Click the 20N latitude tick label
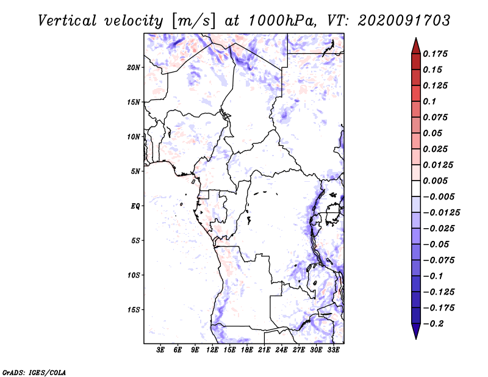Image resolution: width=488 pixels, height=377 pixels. click(x=134, y=67)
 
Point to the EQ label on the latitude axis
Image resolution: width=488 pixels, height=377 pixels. click(x=135, y=206)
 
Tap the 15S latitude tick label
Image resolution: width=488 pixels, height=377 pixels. click(x=134, y=310)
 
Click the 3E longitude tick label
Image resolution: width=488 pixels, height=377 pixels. click(x=161, y=350)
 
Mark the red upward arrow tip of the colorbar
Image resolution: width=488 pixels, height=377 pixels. click(x=415, y=41)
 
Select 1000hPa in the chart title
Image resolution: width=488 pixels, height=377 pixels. click(x=278, y=20)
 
